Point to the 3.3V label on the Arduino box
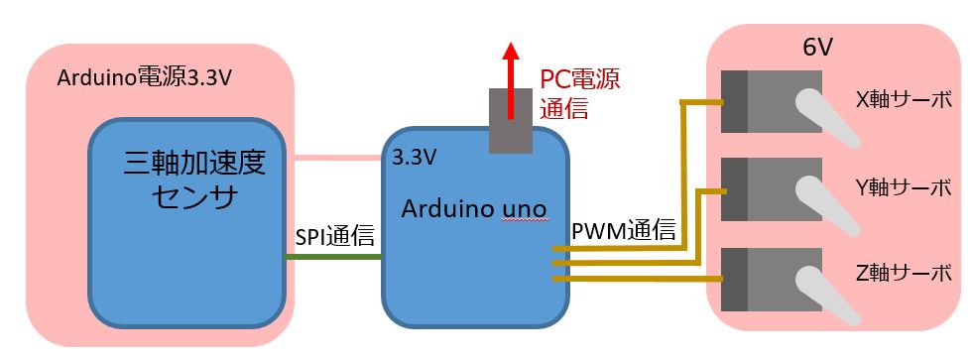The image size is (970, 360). coord(415,158)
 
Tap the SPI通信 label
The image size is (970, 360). coord(334,236)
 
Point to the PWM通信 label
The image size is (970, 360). coord(624,232)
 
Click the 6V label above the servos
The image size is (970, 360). coord(817,48)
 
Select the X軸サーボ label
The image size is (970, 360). coord(904,100)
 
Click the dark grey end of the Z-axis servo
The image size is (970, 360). coord(734,279)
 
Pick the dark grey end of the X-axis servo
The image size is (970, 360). coord(734,102)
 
